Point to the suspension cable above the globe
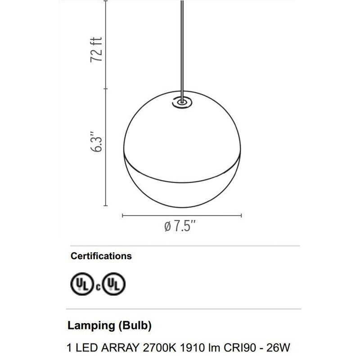(181, 45)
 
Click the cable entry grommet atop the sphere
(182, 102)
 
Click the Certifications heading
(101, 256)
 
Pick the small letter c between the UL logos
(97, 287)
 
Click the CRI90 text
(235, 347)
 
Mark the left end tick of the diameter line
(122, 215)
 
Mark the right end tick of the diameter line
(242, 215)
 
